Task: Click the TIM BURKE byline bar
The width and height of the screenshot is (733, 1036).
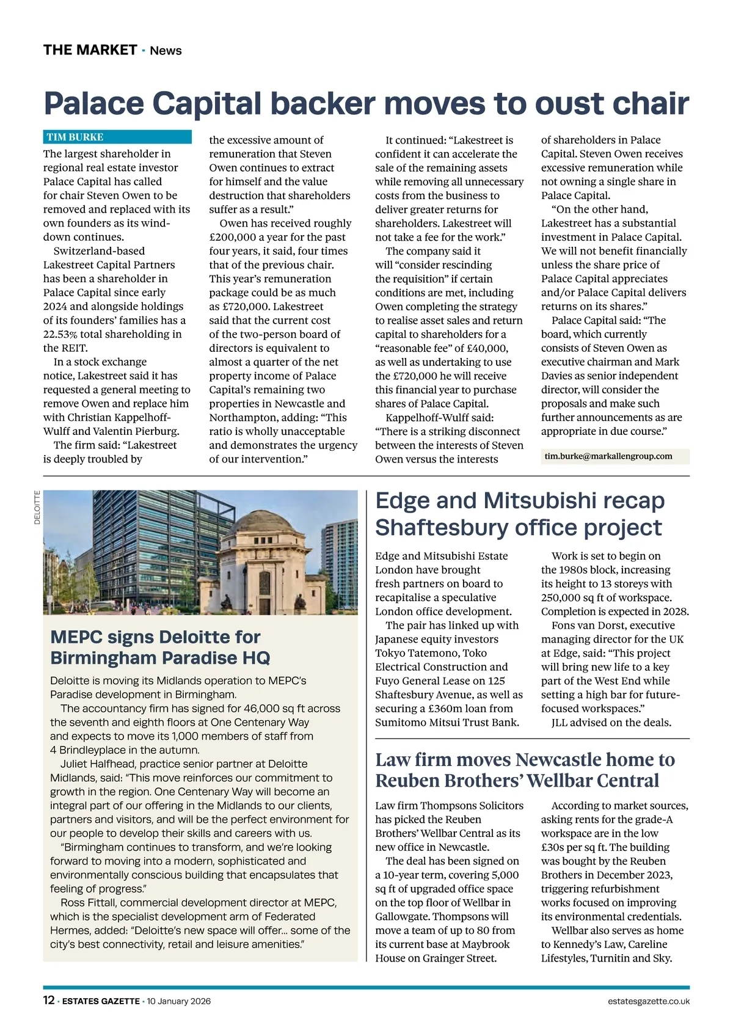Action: coord(117,137)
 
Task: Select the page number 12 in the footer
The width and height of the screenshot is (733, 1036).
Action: coord(48,1001)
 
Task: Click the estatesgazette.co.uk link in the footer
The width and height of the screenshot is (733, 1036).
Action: coord(649,1001)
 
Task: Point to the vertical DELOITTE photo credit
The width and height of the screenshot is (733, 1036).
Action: coord(37,508)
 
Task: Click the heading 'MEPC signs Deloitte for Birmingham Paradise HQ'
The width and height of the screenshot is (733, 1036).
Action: coord(160,647)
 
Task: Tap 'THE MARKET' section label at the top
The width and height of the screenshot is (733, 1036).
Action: coord(90,50)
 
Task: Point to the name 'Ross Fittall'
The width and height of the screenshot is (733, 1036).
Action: coord(89,903)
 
